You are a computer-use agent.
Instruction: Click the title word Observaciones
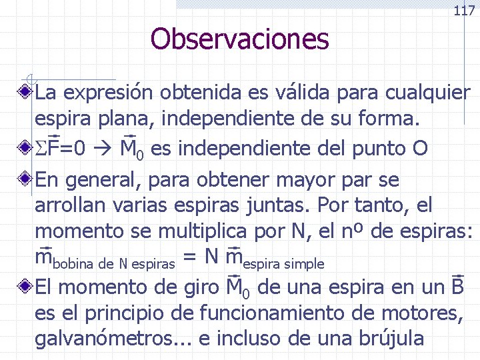click(x=239, y=39)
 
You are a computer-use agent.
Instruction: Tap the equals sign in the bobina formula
click(x=189, y=257)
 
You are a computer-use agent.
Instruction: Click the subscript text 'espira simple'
click(x=283, y=264)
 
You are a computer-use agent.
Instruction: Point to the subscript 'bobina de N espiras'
click(x=113, y=264)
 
